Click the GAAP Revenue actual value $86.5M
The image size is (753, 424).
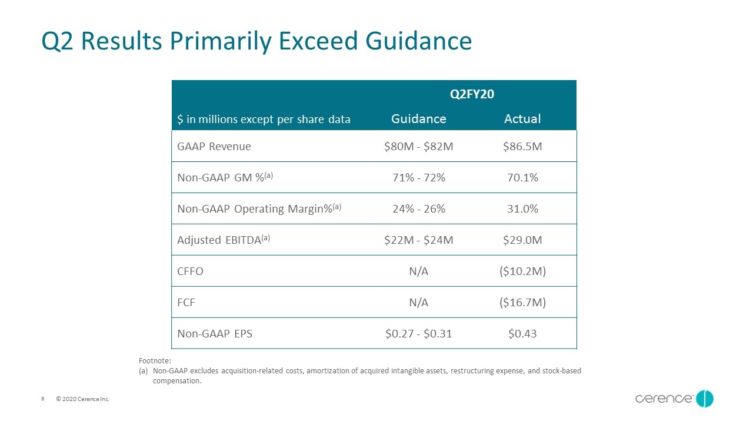522,147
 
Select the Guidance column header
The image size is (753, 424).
418,119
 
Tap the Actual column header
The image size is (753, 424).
522,119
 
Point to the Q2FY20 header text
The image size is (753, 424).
472,94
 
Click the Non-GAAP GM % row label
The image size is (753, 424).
225,177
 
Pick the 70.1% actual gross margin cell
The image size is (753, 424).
522,177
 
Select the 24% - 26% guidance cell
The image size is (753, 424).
419,208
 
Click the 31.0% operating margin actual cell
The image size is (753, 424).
522,208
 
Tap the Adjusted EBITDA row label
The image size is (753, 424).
224,240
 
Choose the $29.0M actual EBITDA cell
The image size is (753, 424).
522,240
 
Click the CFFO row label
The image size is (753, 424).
190,271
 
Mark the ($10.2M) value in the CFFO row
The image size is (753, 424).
522,271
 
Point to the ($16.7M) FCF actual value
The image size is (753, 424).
522,303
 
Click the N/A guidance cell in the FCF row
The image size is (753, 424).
418,303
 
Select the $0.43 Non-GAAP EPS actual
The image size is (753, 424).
522,333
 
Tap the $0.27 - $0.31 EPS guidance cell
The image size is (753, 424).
418,333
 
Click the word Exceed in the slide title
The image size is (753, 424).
318,41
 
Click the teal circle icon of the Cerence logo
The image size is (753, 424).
705,399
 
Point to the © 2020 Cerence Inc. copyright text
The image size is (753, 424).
82,399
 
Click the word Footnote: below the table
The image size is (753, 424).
155,361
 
